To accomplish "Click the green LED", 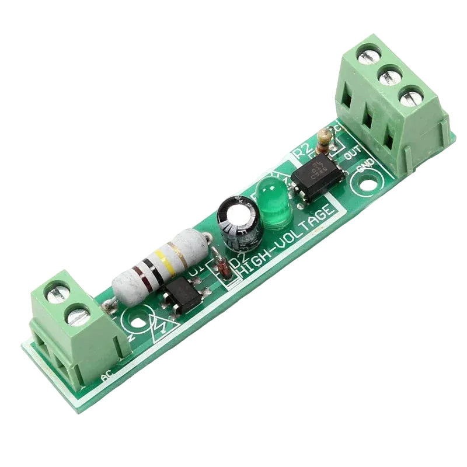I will [270, 203].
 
